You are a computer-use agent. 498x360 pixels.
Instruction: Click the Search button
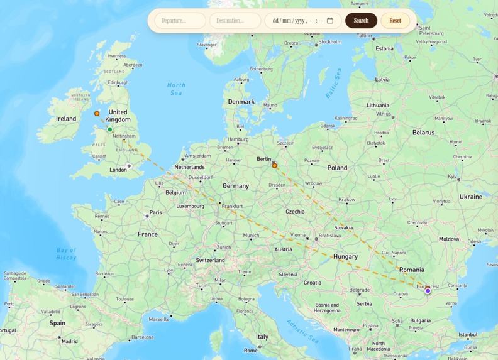[x=361, y=21]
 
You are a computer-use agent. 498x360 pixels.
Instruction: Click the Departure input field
[x=180, y=21]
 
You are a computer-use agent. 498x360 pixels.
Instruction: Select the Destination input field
[x=235, y=21]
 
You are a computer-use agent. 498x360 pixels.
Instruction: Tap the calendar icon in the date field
[x=330, y=21]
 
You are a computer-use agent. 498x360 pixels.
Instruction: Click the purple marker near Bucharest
[x=428, y=291]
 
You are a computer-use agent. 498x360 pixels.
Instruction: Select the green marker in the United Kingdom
[x=110, y=130]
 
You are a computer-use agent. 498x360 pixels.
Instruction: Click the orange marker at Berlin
[x=274, y=166]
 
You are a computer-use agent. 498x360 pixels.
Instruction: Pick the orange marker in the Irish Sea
[x=97, y=114]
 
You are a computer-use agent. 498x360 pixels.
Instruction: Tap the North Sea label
[x=176, y=89]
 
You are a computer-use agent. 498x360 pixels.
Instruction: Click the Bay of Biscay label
[x=66, y=254]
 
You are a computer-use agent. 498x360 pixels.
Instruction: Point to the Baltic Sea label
[x=333, y=83]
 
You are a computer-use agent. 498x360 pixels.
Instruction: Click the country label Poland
[x=337, y=168]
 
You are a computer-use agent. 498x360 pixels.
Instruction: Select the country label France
[x=148, y=234]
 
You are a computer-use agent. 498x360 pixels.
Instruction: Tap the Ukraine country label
[x=470, y=197]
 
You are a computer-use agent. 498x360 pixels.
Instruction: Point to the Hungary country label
[x=345, y=256]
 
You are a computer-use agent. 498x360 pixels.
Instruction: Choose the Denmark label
[x=241, y=102]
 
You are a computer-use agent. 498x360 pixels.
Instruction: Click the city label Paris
[x=155, y=212]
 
